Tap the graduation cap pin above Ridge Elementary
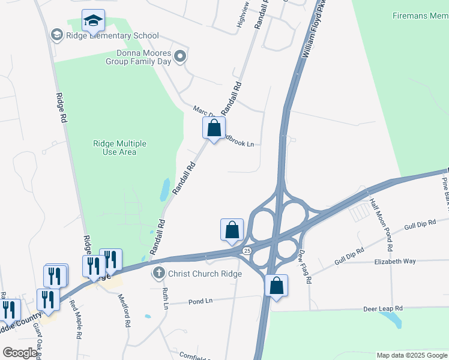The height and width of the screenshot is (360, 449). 93,21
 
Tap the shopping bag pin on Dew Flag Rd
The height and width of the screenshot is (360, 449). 276,286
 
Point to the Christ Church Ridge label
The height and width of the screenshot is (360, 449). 205,274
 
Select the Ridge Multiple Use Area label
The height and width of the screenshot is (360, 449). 119,148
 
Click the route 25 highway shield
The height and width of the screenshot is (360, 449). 247,250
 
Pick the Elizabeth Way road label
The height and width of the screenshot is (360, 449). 395,262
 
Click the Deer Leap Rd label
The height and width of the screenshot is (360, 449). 382,308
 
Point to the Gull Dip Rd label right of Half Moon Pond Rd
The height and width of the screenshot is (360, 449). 420,224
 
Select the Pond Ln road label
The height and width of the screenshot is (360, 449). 200,301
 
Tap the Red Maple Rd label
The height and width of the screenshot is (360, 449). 77,319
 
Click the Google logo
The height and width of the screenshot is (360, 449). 20,353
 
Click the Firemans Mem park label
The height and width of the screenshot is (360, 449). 420,15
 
